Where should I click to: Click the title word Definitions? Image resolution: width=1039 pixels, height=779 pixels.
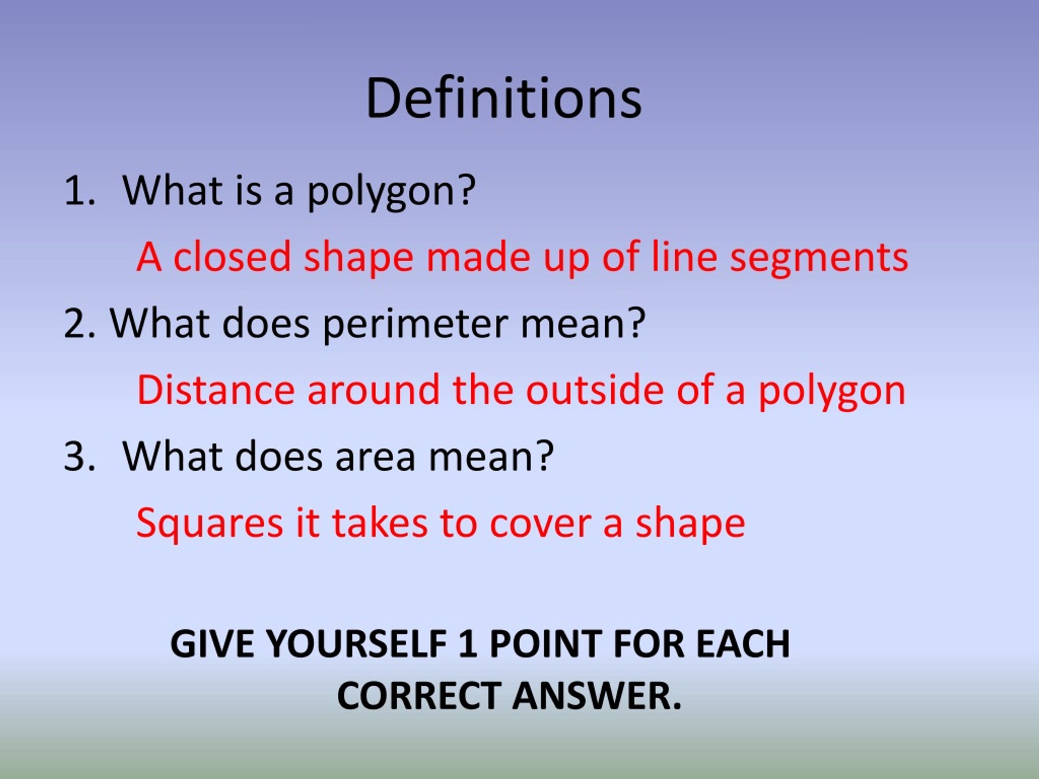point(504,99)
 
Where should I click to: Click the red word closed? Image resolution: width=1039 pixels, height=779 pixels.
point(232,258)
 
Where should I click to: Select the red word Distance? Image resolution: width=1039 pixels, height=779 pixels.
point(216,390)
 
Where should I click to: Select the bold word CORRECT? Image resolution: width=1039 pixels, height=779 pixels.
point(418,696)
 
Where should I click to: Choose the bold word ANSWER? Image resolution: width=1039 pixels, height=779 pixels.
point(596,696)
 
